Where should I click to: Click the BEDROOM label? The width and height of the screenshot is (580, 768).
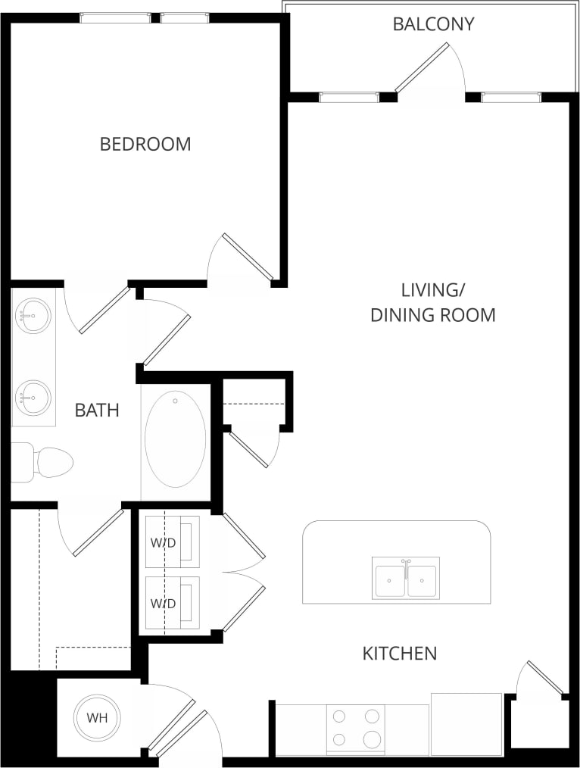pyautogui.click(x=145, y=144)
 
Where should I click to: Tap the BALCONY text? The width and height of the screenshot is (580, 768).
pyautogui.click(x=433, y=24)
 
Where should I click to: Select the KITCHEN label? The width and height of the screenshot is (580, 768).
pyautogui.click(x=399, y=653)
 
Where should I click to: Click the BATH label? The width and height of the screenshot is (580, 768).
pyautogui.click(x=97, y=411)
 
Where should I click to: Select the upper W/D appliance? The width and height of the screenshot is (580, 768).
pyautogui.click(x=173, y=542)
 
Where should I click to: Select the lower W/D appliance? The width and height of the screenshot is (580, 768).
pyautogui.click(x=173, y=603)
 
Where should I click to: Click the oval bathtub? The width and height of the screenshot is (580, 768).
pyautogui.click(x=175, y=439)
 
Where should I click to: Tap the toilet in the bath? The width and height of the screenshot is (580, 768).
pyautogui.click(x=47, y=462)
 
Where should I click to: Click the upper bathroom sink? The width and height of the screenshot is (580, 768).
pyautogui.click(x=33, y=316)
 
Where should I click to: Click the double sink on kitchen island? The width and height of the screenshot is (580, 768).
pyautogui.click(x=405, y=579)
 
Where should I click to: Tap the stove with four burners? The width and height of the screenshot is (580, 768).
pyautogui.click(x=356, y=729)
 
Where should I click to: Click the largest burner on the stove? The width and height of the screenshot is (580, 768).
pyautogui.click(x=371, y=739)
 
